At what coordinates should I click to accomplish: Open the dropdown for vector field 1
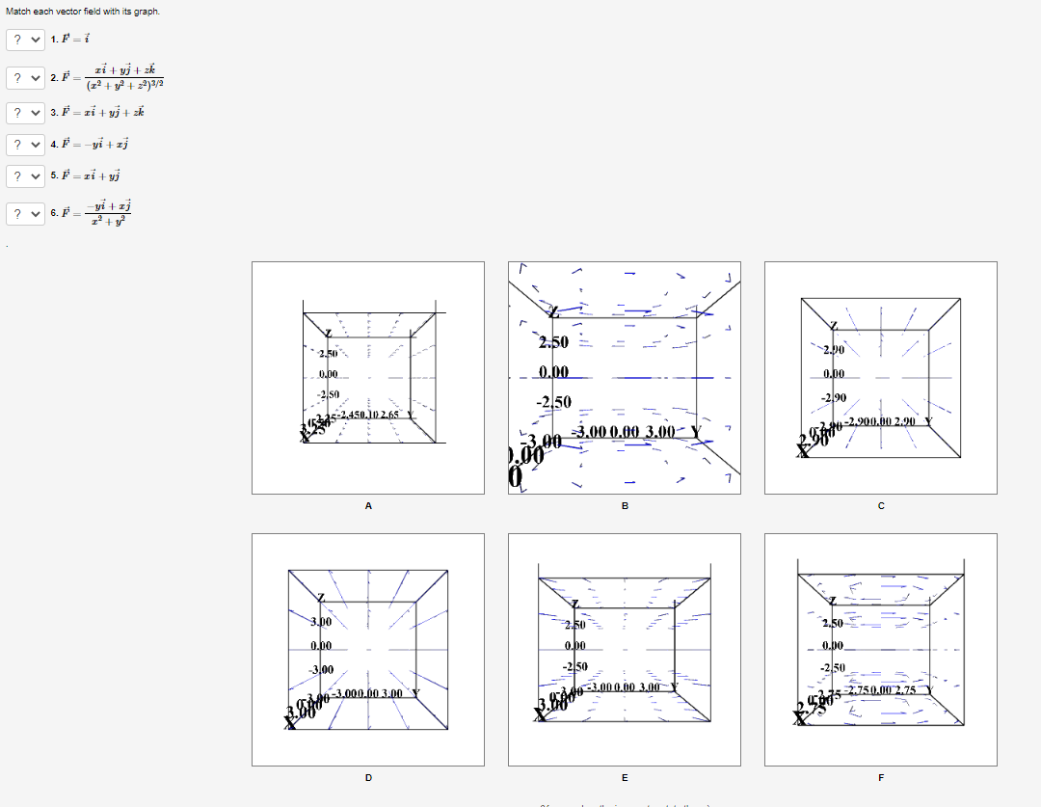click(x=26, y=40)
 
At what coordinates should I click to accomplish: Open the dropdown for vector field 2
click(x=26, y=77)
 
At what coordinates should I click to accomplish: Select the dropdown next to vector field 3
click(x=26, y=113)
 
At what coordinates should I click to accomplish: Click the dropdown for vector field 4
click(x=26, y=145)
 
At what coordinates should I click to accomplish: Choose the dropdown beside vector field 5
click(x=26, y=176)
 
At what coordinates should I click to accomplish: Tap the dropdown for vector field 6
click(x=26, y=213)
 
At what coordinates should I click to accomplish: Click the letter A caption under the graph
click(x=367, y=505)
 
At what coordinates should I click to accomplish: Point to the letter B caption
click(x=625, y=505)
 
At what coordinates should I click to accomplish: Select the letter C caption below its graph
click(x=881, y=505)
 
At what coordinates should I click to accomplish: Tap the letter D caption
click(x=367, y=777)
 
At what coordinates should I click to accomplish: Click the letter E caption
click(x=625, y=777)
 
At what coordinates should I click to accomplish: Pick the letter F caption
click(x=881, y=777)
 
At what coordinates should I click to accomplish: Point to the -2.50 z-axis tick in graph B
click(x=554, y=402)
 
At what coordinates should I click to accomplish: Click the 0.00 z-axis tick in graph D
click(x=322, y=646)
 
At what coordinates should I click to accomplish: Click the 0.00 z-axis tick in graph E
click(x=575, y=646)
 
